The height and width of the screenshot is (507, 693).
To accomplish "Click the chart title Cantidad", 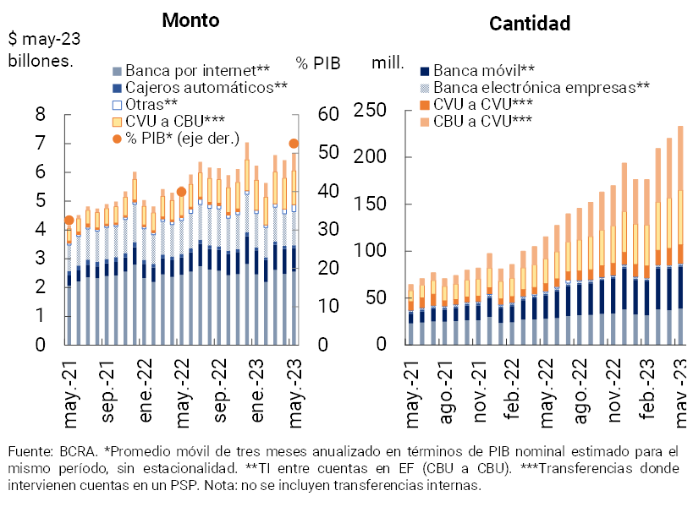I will (x=530, y=24).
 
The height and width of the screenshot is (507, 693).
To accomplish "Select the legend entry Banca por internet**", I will (x=197, y=70).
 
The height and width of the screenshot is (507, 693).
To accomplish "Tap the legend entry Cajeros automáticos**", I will (x=206, y=87).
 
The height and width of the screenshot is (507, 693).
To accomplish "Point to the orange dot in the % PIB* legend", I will (x=118, y=138).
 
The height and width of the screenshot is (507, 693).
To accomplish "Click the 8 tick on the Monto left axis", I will (x=40, y=115).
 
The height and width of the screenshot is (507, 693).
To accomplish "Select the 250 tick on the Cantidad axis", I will (x=370, y=111).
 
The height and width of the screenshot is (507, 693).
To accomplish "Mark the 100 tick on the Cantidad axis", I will (x=370, y=252).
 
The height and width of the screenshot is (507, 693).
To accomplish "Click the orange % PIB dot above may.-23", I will (x=294, y=144).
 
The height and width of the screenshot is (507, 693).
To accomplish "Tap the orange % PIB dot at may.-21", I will (x=69, y=221).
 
